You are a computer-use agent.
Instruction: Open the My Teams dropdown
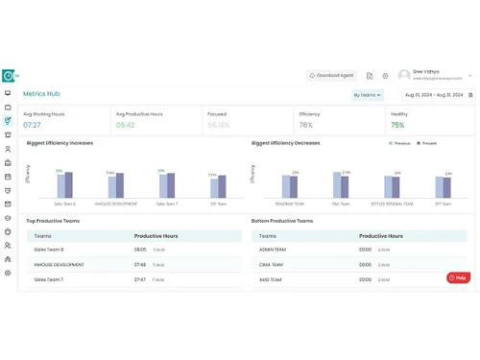pos(368,95)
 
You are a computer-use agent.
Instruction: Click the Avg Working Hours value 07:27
pos(32,125)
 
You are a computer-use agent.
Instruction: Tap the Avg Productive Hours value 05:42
pos(125,125)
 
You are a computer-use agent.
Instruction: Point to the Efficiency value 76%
pos(306,125)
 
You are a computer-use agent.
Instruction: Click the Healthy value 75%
pos(397,125)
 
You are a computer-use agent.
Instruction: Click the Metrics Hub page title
pos(41,94)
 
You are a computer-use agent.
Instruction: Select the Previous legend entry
pos(401,143)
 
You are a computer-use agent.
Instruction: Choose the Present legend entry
pos(427,143)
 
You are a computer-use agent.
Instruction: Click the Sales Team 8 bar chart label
pos(64,204)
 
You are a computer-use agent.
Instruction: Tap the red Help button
pos(458,277)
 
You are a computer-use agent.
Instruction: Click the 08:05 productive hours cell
pos(140,250)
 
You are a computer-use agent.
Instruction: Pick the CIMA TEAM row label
pos(272,264)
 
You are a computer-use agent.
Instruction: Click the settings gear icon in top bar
pos(385,75)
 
